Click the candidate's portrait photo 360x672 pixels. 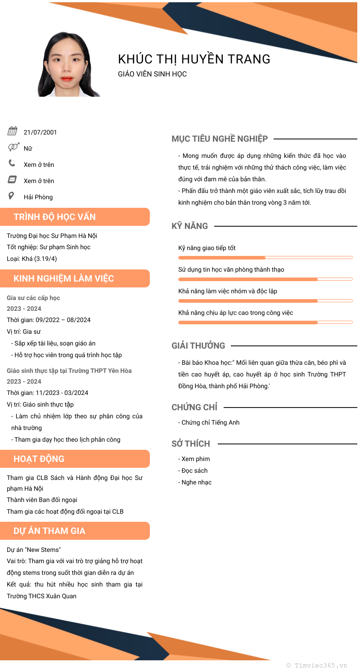pos(68,64)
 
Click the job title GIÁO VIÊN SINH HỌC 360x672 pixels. pos(152,74)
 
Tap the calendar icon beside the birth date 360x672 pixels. pos(12,131)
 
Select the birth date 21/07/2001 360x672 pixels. pos(40,132)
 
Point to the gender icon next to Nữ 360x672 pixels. pos(13,147)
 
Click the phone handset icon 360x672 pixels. pos(12,163)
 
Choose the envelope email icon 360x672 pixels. pos(12,179)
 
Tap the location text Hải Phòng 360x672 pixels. pos(38,197)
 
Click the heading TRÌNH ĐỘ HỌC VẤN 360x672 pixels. pos(54,217)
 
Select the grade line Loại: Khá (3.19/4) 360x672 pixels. pos(32,259)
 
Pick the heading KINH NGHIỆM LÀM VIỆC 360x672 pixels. pos(64,278)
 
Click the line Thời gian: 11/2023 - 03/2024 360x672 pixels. pos(47,393)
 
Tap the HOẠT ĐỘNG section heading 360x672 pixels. pos(39,459)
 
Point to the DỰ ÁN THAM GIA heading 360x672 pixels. pos(49,531)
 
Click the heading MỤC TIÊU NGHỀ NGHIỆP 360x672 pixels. pos(220,139)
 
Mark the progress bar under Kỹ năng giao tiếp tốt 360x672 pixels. pos(265,258)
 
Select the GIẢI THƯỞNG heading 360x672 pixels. pos(198,346)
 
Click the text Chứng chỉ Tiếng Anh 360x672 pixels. pos(210,422)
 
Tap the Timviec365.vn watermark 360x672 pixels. pos(317,665)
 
